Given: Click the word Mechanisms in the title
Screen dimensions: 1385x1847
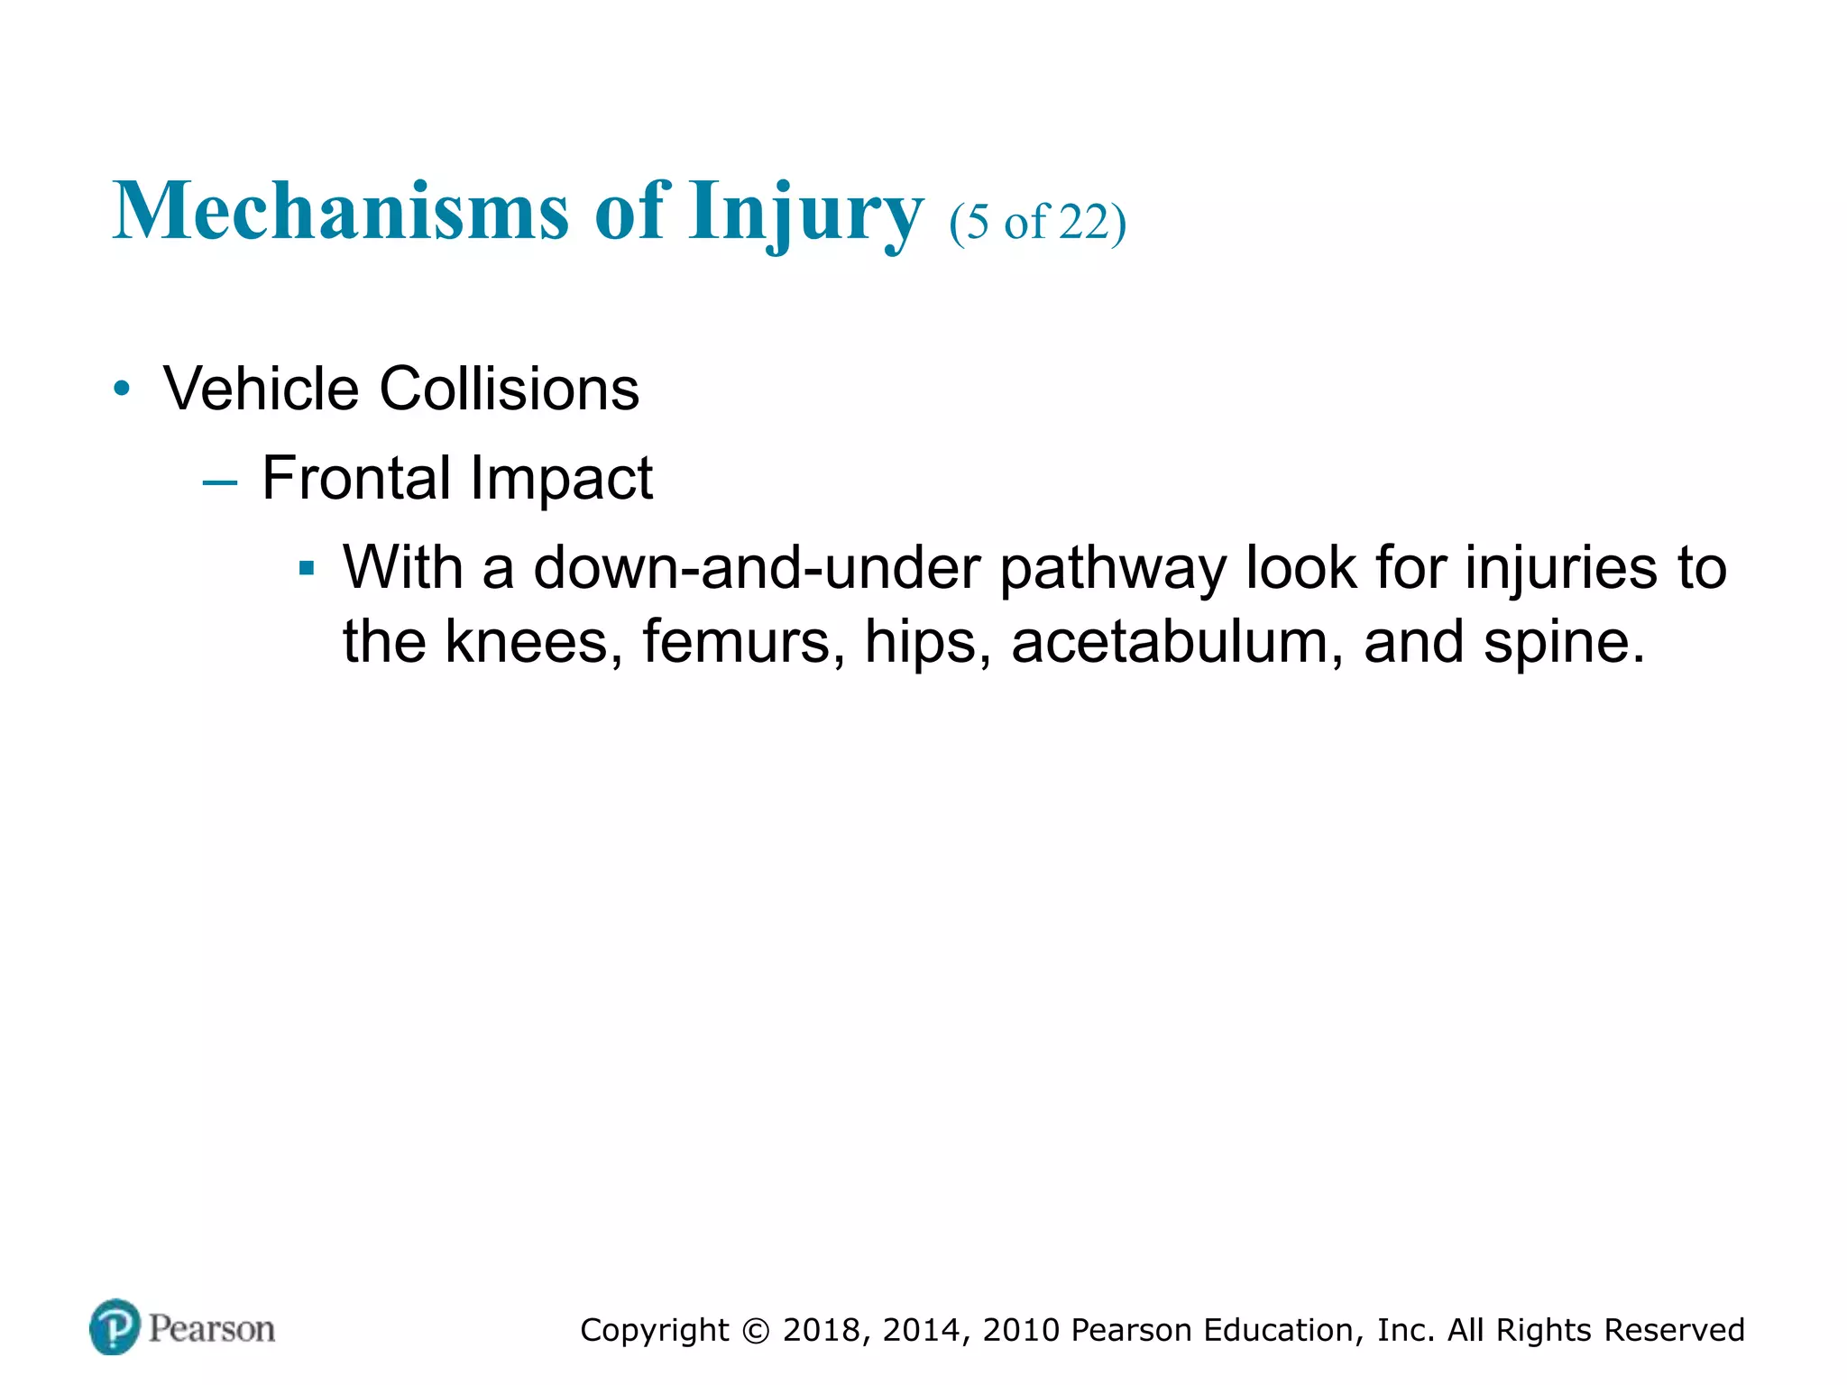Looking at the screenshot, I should tap(341, 211).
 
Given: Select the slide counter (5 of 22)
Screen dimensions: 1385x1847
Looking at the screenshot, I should tap(1037, 222).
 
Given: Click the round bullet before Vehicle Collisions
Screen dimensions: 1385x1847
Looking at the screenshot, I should tap(123, 390).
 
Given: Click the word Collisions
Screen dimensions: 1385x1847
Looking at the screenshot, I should tap(509, 390).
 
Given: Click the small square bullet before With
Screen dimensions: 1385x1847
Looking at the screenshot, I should tap(307, 569).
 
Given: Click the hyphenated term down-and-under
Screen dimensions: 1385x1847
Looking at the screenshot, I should tap(757, 568).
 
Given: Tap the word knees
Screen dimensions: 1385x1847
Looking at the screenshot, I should tap(533, 642).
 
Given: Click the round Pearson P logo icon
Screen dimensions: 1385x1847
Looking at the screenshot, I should tap(115, 1327).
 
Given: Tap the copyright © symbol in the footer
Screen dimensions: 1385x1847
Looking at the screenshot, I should tap(757, 1331).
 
